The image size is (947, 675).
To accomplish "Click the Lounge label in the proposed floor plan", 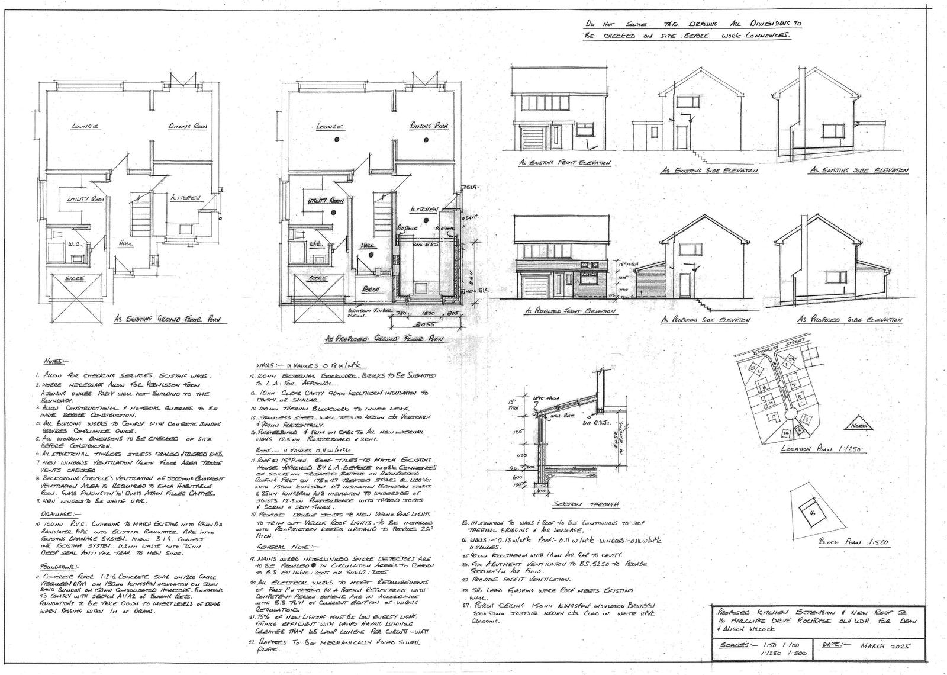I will tap(330, 127).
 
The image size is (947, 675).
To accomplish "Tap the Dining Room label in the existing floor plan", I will tap(187, 126).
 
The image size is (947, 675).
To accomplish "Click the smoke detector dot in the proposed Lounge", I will tap(336, 139).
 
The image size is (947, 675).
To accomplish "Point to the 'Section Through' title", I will tap(585, 504).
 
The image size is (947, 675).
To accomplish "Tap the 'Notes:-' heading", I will tap(57, 361).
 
